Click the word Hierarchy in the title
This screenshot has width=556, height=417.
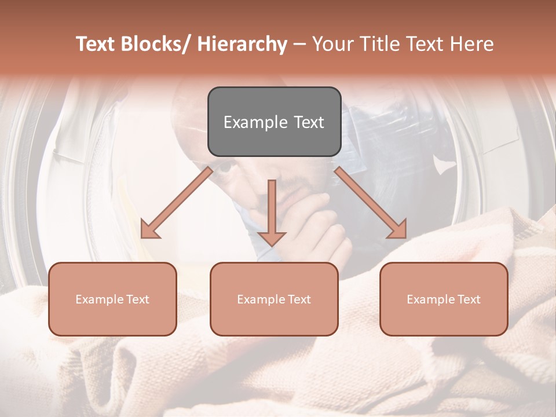click(242, 44)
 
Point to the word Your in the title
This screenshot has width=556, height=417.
click(332, 44)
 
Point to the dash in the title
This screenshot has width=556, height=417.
click(299, 44)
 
